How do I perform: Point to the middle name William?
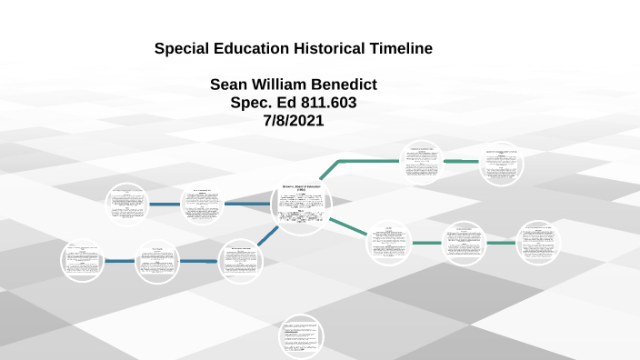coord(286,85)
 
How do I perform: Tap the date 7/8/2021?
coord(293,121)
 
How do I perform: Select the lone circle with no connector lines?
coord(301,335)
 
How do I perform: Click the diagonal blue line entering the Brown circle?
coord(267,235)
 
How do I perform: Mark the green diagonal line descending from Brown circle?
coord(349,227)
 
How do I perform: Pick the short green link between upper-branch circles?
coord(461,161)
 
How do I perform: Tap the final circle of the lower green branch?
coord(538,243)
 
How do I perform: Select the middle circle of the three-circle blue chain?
coord(158,261)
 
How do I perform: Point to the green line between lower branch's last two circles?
coord(502,243)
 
